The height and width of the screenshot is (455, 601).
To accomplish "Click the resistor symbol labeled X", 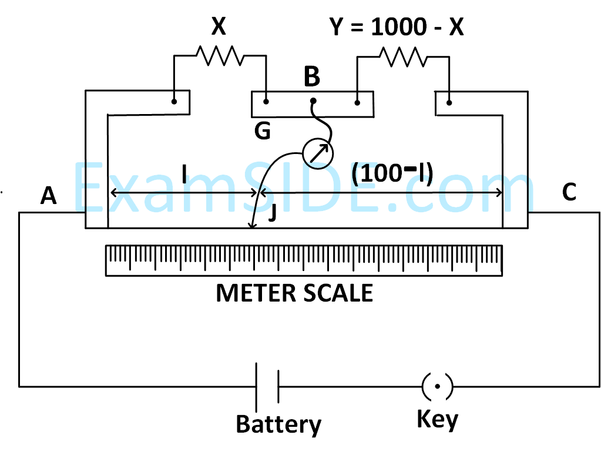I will click(x=219, y=56).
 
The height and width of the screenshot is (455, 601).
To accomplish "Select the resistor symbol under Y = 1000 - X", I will click(x=403, y=56).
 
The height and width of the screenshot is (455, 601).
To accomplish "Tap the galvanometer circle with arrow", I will click(x=317, y=153).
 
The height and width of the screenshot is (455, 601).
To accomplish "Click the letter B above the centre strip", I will click(x=312, y=76).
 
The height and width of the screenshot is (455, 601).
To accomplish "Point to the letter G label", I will click(x=262, y=131).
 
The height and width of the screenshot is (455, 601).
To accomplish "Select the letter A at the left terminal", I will click(x=49, y=196).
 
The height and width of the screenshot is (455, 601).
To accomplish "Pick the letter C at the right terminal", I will click(x=569, y=192).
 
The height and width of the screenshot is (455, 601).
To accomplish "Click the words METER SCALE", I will click(x=294, y=293).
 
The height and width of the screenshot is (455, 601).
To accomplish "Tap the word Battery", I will click(x=278, y=424).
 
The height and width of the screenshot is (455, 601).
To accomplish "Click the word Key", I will click(x=437, y=419).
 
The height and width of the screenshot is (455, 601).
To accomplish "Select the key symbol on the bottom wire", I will click(x=437, y=386).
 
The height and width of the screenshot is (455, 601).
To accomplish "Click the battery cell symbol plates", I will click(x=267, y=386).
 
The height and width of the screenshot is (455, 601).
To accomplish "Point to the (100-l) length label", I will click(x=392, y=174).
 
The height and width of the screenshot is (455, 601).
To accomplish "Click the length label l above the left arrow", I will click(x=184, y=174).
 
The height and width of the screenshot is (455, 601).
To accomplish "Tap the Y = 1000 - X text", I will click(x=397, y=26).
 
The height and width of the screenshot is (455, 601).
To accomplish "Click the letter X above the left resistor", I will click(x=219, y=27).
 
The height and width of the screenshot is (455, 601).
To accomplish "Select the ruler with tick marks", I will click(x=304, y=260).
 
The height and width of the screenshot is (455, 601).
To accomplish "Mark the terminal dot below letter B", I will click(x=313, y=101).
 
